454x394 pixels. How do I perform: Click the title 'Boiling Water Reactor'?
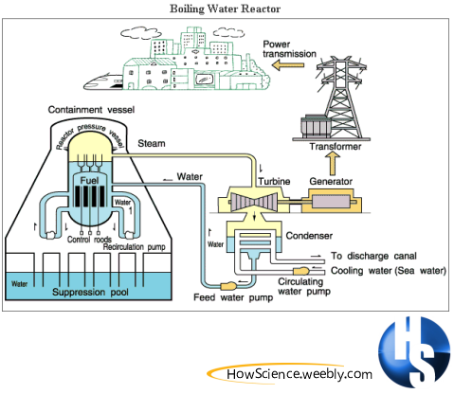click(225, 9)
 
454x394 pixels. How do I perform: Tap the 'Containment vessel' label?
click(91, 110)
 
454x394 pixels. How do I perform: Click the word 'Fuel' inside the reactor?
click(89, 180)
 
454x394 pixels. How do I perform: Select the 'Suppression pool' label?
click(90, 292)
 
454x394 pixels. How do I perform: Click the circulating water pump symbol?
click(301, 271)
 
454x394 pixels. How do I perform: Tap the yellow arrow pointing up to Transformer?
click(333, 163)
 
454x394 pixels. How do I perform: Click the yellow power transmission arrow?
click(288, 65)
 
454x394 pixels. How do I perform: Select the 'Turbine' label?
click(274, 181)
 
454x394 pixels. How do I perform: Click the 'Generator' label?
click(331, 181)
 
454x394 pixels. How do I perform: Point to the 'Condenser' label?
click(309, 236)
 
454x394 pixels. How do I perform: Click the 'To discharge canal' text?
click(373, 256)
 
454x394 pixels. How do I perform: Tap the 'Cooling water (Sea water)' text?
click(389, 271)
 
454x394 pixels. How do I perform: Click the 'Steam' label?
click(152, 143)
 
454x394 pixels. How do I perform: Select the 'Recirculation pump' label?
click(134, 247)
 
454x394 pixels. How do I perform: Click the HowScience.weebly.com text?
click(300, 374)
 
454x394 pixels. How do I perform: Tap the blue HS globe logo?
click(414, 352)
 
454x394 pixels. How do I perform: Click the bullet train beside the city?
click(103, 81)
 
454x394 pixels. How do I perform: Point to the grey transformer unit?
click(316, 127)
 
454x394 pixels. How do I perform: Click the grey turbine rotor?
click(254, 201)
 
